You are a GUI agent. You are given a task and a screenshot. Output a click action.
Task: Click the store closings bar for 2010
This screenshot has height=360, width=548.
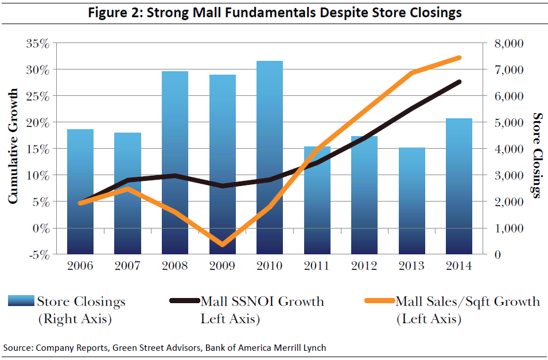(269, 157)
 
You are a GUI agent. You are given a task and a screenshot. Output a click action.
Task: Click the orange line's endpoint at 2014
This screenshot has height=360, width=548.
(459, 57)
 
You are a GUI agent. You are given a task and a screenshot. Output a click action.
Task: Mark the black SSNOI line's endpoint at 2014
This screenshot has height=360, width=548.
(459, 82)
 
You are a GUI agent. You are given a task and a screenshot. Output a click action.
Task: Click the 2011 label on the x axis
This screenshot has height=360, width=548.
(316, 266)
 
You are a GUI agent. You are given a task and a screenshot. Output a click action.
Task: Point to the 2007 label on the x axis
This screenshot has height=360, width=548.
(127, 266)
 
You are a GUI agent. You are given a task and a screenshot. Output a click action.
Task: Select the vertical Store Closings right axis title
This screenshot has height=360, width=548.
(537, 155)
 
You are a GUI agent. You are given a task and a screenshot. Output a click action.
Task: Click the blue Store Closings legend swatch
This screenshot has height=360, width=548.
(21, 301)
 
